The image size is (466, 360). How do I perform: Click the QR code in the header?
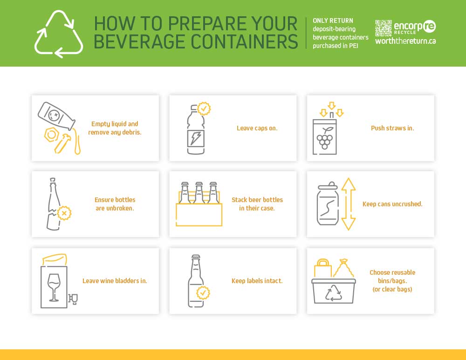[x=383, y=27]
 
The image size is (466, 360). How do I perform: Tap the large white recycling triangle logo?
[x=59, y=34]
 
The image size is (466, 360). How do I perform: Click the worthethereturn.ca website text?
[x=405, y=41]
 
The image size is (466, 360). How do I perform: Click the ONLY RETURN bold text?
[x=333, y=20]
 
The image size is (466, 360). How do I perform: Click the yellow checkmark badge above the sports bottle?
[x=204, y=109]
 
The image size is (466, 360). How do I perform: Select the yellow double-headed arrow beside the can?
[x=348, y=204]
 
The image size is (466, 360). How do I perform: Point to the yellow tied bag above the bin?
[x=343, y=268]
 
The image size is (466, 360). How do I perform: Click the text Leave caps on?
[x=257, y=128]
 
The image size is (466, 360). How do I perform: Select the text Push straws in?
[x=392, y=128]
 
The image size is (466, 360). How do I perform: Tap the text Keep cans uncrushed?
[x=392, y=204]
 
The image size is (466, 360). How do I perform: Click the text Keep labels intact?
[x=257, y=281]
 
